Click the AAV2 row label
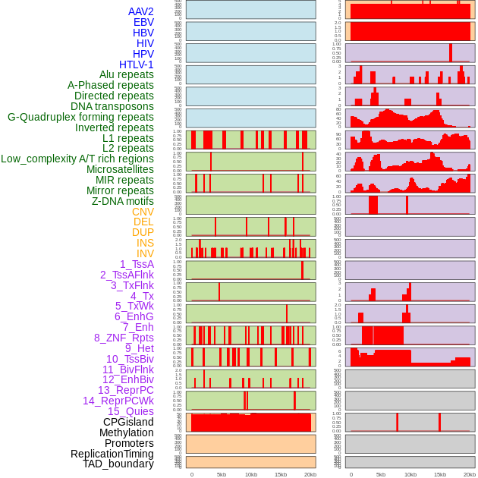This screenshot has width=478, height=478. (141, 11)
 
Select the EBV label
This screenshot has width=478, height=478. (143, 22)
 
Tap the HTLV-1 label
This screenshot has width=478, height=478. (137, 64)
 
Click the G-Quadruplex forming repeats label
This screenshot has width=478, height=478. (80, 117)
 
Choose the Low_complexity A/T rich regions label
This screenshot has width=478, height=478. (77, 159)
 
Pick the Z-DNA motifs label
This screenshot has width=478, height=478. (123, 201)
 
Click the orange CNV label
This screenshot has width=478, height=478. (143, 212)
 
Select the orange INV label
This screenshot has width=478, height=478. (145, 253)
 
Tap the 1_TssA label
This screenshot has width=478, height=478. (137, 264)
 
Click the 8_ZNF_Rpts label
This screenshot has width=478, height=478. (124, 338)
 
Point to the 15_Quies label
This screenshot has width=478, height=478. (131, 411)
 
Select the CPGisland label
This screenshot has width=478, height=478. (128, 422)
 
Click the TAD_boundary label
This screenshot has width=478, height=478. (118, 464)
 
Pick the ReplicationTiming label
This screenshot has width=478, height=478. (112, 454)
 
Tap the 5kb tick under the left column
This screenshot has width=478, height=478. (222, 474)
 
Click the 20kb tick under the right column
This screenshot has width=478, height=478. (470, 474)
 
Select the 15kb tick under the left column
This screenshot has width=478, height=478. (281, 474)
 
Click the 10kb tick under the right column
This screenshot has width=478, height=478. (410, 474)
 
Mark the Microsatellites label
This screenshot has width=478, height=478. (120, 169)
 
